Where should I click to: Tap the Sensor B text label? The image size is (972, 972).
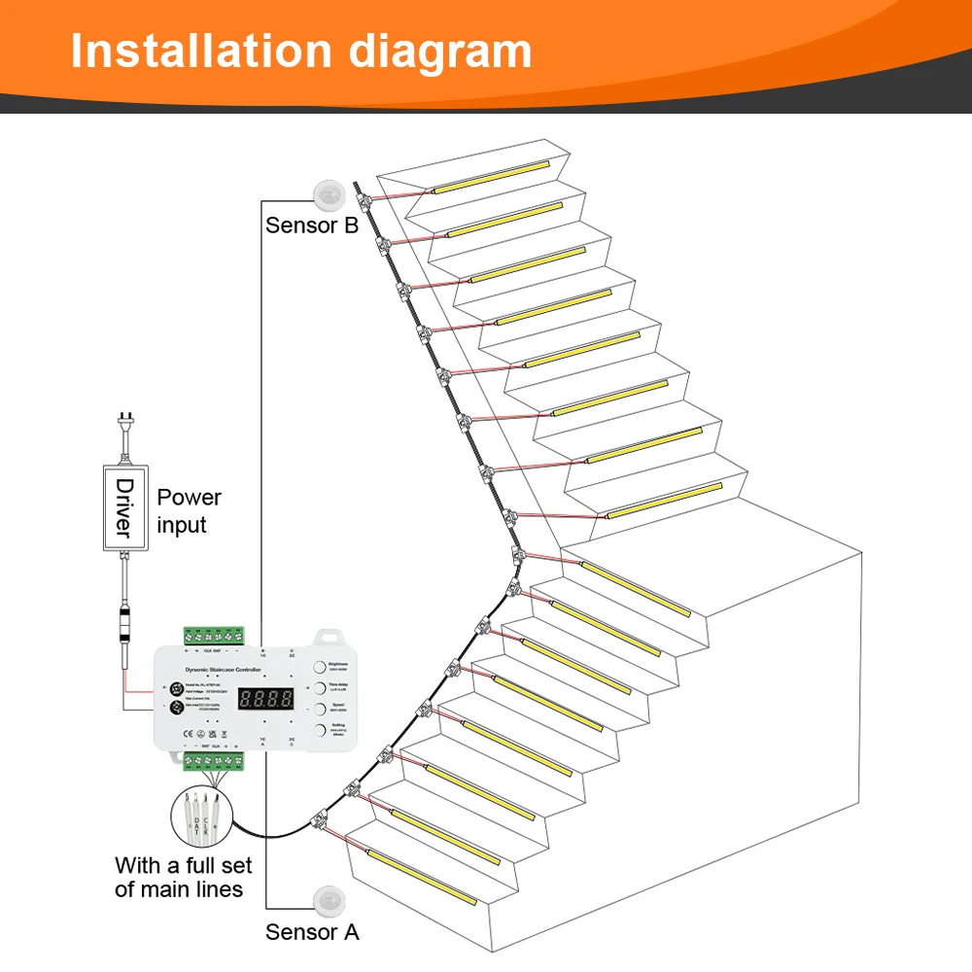[312, 226]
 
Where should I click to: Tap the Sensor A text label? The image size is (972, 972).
[312, 932]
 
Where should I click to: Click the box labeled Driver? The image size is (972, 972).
[123, 507]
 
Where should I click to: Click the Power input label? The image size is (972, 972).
[189, 511]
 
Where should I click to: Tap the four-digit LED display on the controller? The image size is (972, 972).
[266, 698]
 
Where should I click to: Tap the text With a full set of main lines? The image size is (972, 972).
[183, 877]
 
